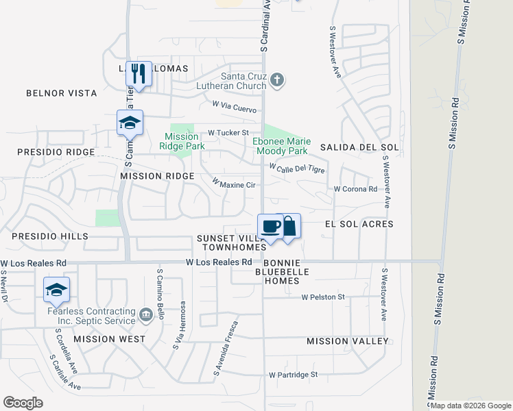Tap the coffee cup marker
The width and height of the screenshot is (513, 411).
271,226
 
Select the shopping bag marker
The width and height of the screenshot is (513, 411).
289,226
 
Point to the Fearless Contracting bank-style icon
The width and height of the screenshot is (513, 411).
145,314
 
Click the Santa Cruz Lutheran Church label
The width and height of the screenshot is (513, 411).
243,81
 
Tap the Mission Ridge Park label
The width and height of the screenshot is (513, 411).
182,140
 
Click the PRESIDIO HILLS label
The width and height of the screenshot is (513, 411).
50,236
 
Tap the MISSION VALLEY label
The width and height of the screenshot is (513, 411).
348,341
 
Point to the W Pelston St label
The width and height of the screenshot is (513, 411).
323,297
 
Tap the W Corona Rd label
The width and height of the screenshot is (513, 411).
355,189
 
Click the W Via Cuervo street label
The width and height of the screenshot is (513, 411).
235,108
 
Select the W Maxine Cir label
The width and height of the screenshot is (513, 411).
234,184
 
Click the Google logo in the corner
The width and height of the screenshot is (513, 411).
23,403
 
